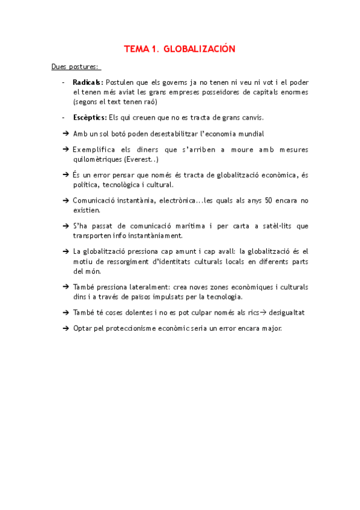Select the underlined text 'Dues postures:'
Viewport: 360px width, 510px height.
(x=76, y=67)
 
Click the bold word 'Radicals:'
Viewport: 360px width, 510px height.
(x=88, y=82)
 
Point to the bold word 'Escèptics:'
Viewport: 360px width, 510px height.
(x=90, y=117)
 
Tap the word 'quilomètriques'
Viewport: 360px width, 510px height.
(x=96, y=159)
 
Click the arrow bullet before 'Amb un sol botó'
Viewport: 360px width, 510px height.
(x=66, y=134)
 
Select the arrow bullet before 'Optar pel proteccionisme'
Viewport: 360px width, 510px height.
(x=66, y=328)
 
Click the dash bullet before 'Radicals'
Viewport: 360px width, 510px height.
(x=64, y=82)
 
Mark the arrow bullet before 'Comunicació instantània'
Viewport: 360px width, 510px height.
(x=66, y=200)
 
